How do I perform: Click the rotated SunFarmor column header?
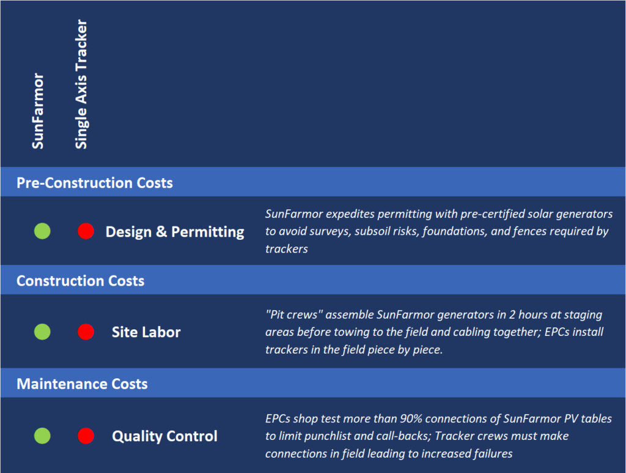pos(38,111)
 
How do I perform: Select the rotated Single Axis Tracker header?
pos(81,84)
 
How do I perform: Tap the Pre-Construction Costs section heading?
pos(95,182)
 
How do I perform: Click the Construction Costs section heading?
pos(80,280)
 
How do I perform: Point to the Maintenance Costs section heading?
pos(82,384)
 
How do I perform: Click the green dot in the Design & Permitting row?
pos(42,231)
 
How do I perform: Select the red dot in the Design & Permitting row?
pos(86,231)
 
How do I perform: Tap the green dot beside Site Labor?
pos(42,332)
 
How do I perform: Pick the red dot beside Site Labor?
pos(86,332)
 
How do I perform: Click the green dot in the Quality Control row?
pos(42,436)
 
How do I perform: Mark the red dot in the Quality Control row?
pos(86,436)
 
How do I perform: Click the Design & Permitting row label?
pos(175,232)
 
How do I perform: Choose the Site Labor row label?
pos(146,332)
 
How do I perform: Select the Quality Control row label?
pos(165,436)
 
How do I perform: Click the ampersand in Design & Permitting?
pos(161,231)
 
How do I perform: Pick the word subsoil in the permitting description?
pos(371,231)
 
